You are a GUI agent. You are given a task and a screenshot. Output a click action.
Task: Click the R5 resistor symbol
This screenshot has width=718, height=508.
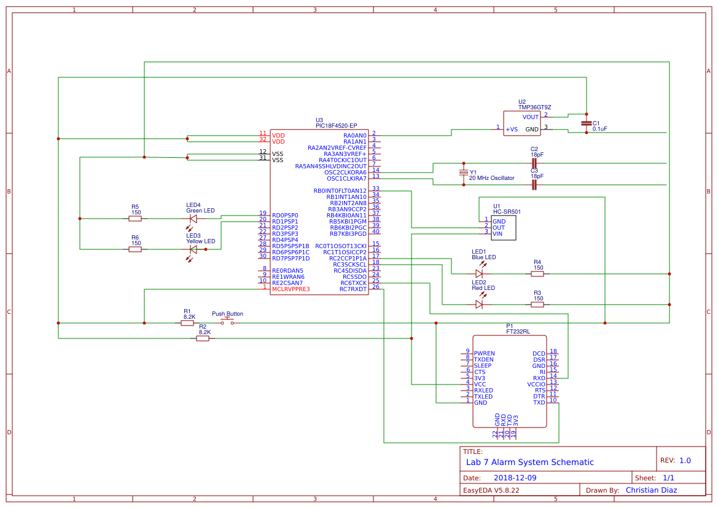click(x=135, y=218)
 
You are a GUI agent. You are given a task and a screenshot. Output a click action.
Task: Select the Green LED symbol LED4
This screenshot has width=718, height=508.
click(x=193, y=218)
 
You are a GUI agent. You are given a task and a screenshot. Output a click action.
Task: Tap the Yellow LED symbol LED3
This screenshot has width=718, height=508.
click(x=193, y=249)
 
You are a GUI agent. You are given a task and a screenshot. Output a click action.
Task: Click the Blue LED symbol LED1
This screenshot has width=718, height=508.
click(x=479, y=273)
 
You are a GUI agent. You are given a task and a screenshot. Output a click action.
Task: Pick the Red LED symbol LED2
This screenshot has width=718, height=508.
click(x=479, y=304)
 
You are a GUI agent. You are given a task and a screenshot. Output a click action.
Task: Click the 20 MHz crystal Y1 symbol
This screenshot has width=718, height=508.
click(x=464, y=173)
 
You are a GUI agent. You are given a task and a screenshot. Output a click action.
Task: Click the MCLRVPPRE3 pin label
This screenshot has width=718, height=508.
click(x=291, y=289)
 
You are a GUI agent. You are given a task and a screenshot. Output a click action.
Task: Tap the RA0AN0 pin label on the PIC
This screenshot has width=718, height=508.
click(x=355, y=135)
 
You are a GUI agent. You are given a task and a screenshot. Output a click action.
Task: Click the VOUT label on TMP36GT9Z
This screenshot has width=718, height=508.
click(x=531, y=117)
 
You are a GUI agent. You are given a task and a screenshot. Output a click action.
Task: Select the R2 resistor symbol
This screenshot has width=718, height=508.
click(x=203, y=338)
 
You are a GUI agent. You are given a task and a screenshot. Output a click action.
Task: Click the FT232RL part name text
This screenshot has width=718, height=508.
click(x=518, y=331)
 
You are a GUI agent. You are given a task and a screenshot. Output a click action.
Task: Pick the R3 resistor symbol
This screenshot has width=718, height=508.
click(x=537, y=304)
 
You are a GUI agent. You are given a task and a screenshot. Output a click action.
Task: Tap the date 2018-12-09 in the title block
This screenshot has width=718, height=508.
click(x=515, y=477)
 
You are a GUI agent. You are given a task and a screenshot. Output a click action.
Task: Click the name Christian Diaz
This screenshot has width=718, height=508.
click(x=651, y=490)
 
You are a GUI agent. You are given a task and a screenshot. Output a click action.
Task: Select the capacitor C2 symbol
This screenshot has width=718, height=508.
click(x=534, y=163)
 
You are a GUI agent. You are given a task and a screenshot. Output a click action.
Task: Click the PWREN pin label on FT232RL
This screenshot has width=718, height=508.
click(x=484, y=353)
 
